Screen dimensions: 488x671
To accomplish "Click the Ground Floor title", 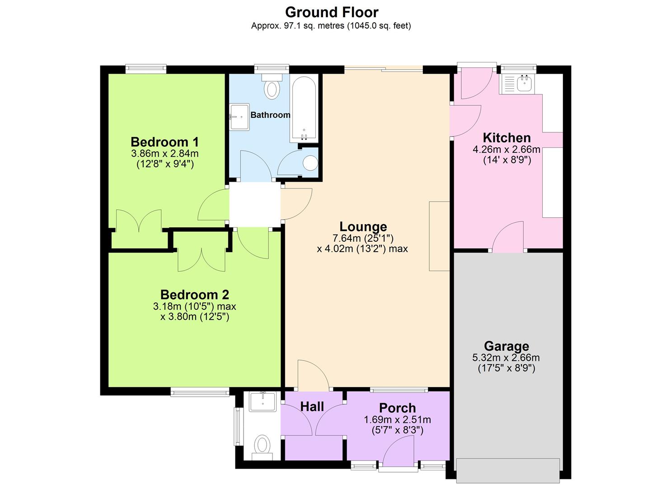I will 332,12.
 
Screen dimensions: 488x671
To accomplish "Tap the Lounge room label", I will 363,226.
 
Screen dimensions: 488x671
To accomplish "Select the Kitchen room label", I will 507,138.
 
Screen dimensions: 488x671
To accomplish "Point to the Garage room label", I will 506,346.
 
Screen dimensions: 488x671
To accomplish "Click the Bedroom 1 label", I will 164,142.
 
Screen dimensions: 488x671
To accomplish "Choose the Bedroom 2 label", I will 194,295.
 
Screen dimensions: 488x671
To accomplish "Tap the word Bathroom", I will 270,115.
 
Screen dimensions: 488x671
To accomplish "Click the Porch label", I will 397,408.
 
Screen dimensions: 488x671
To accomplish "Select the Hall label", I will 312,407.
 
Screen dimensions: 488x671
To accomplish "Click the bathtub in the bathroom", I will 304,108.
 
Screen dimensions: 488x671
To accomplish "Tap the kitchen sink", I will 524,83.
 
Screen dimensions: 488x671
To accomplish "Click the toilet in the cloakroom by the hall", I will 262,445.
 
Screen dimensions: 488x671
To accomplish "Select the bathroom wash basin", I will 239,117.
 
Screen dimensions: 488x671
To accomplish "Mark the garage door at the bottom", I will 508,470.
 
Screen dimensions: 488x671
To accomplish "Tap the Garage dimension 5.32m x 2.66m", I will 506,357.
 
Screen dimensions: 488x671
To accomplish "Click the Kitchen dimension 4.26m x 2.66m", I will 507,150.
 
